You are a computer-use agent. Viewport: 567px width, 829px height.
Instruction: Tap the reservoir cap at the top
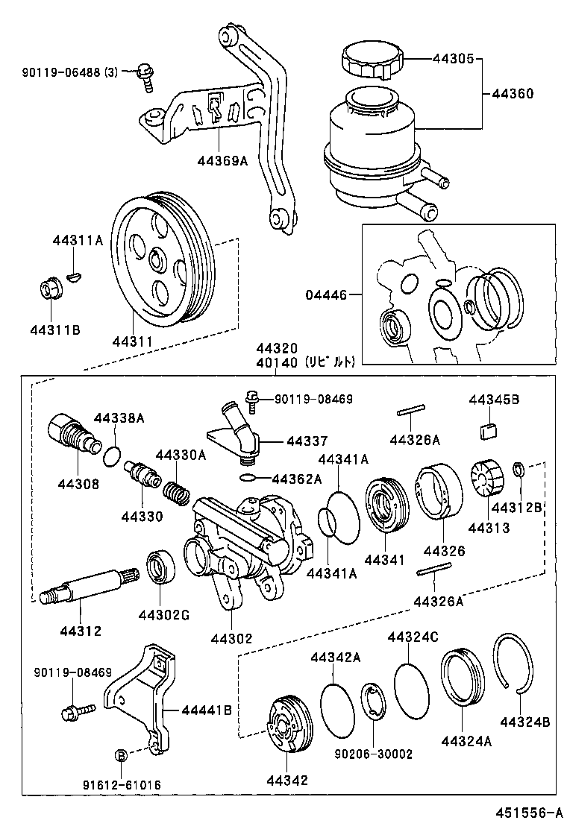pyautogui.click(x=371, y=57)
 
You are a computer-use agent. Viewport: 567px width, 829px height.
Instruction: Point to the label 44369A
pyautogui.click(x=222, y=160)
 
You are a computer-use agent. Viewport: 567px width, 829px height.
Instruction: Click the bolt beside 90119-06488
pyautogui.click(x=145, y=76)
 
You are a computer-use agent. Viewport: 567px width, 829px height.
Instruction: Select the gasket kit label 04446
pyautogui.click(x=326, y=295)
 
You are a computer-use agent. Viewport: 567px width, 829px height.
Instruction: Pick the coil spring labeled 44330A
pyautogui.click(x=175, y=491)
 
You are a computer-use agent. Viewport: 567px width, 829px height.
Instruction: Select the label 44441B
pyautogui.click(x=206, y=710)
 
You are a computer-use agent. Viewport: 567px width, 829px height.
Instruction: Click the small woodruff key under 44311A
pyautogui.click(x=72, y=277)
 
